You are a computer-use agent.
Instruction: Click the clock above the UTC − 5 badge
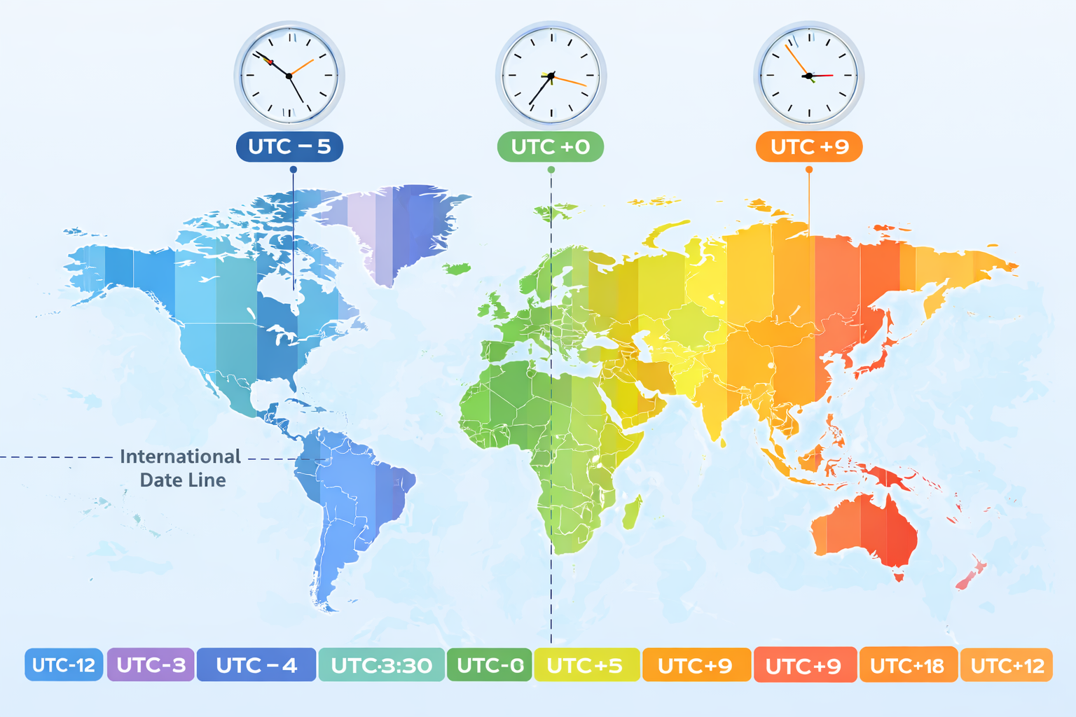[x=289, y=76]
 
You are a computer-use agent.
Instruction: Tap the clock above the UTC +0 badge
[x=551, y=76]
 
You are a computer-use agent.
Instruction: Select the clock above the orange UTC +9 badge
[x=809, y=76]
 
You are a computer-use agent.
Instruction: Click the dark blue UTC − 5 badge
[x=289, y=147]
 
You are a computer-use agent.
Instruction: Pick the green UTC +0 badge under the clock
[x=551, y=147]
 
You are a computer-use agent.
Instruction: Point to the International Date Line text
[x=181, y=468]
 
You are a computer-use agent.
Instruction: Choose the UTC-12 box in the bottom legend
[x=64, y=664]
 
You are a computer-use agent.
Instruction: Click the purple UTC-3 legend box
[x=151, y=664]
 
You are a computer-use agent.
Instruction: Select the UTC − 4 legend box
[x=256, y=664]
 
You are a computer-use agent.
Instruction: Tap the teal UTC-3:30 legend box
[x=381, y=664]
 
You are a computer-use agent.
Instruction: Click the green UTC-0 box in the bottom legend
[x=490, y=664]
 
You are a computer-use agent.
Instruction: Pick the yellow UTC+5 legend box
[x=586, y=664]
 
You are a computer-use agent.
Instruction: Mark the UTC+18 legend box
[x=907, y=664]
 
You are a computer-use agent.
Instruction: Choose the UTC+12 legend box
[x=1007, y=664]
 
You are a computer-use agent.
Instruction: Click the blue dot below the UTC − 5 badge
[x=293, y=169]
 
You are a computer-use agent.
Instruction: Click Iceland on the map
[x=456, y=268]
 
